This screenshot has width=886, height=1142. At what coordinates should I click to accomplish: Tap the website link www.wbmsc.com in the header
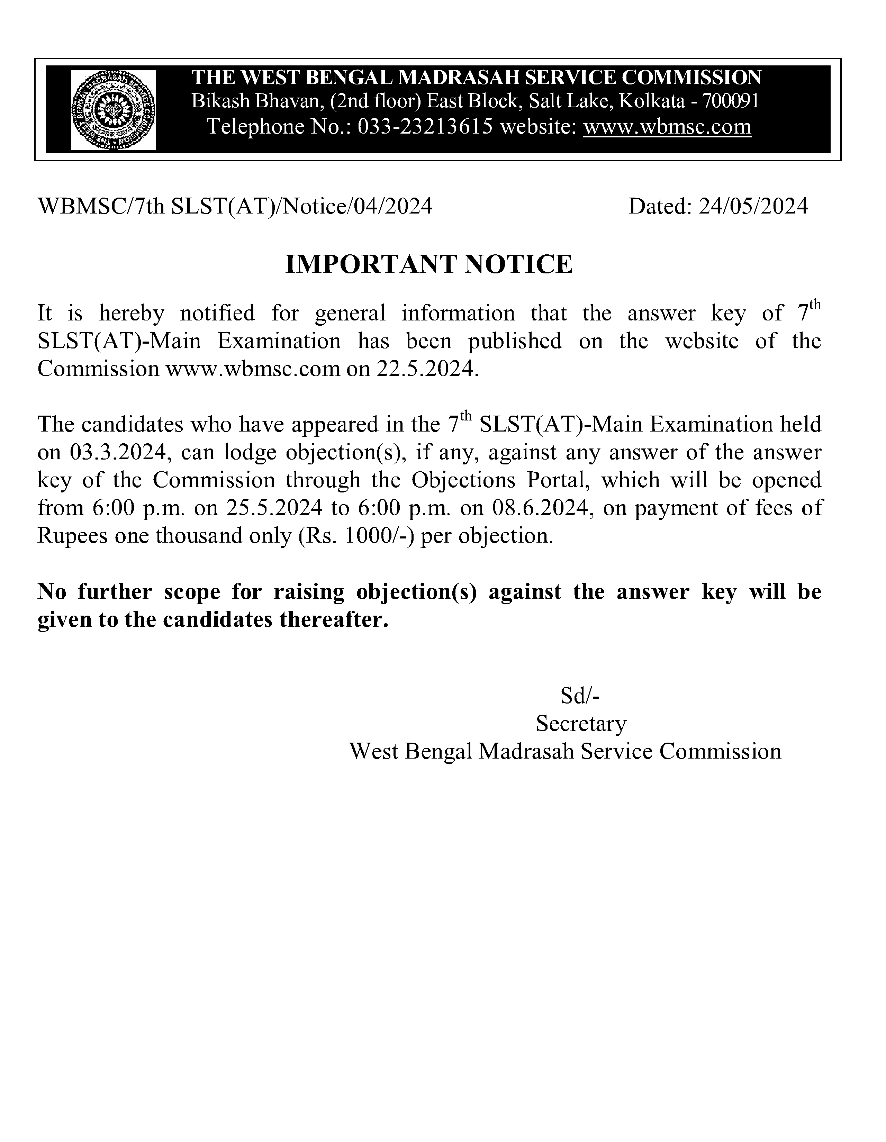[x=667, y=127]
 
